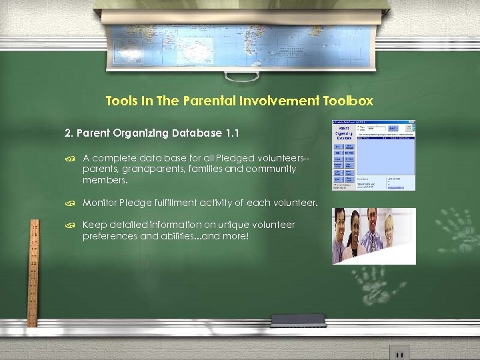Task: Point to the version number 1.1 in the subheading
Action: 232,133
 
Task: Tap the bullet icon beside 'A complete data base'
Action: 69,159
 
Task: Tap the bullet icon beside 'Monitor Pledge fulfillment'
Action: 69,203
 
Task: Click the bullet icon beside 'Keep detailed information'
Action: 69,225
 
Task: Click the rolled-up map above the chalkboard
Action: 240,27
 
